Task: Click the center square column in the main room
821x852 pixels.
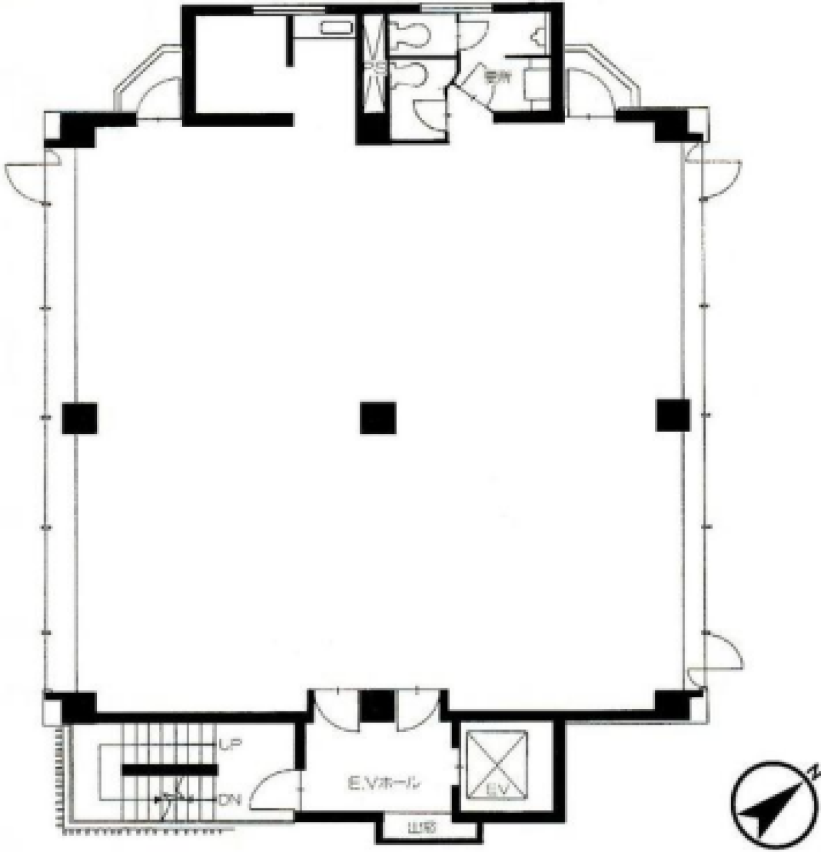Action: point(378,418)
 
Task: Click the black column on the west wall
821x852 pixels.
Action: point(80,418)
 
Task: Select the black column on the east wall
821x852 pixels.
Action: point(673,415)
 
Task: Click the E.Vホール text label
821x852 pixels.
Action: point(384,783)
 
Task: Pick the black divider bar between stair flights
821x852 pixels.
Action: point(167,770)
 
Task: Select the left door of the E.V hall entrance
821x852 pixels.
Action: point(334,709)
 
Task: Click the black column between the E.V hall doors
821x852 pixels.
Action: point(377,706)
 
